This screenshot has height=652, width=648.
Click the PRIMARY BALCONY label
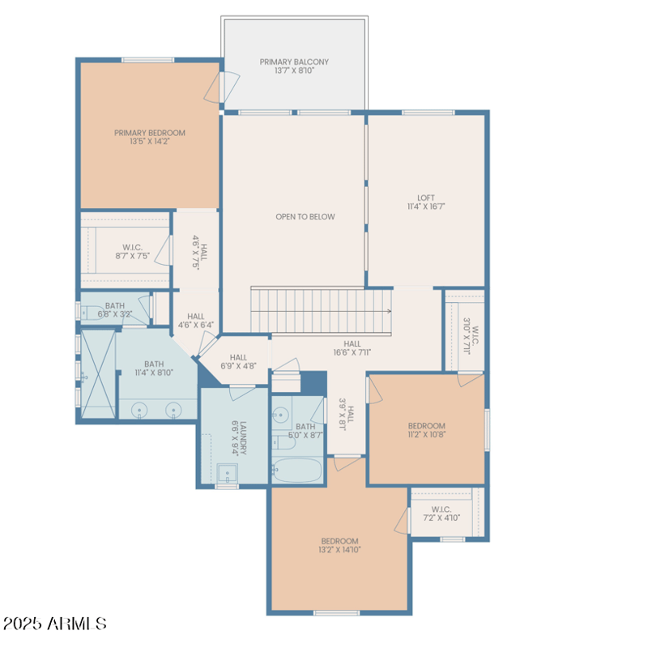pyautogui.click(x=294, y=66)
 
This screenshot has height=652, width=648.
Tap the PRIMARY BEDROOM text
pyautogui.click(x=149, y=137)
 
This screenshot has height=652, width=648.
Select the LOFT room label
pyautogui.click(x=426, y=202)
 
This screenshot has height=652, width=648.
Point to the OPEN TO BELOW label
pyautogui.click(x=305, y=216)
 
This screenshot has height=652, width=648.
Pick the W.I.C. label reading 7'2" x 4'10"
pyautogui.click(x=441, y=514)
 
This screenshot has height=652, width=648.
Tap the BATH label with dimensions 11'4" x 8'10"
pyautogui.click(x=154, y=369)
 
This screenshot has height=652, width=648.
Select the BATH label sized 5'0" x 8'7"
pyautogui.click(x=305, y=431)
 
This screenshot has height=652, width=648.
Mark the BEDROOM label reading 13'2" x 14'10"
pyautogui.click(x=339, y=545)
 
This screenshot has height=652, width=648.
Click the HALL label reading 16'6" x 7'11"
pyautogui.click(x=352, y=348)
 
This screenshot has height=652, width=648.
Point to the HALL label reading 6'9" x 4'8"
pyautogui.click(x=238, y=361)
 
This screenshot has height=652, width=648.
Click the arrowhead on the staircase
pyautogui.click(x=389, y=310)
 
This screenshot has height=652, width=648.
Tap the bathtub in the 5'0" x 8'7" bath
pyautogui.click(x=296, y=470)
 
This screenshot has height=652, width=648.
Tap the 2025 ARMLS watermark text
pyautogui.click(x=55, y=624)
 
